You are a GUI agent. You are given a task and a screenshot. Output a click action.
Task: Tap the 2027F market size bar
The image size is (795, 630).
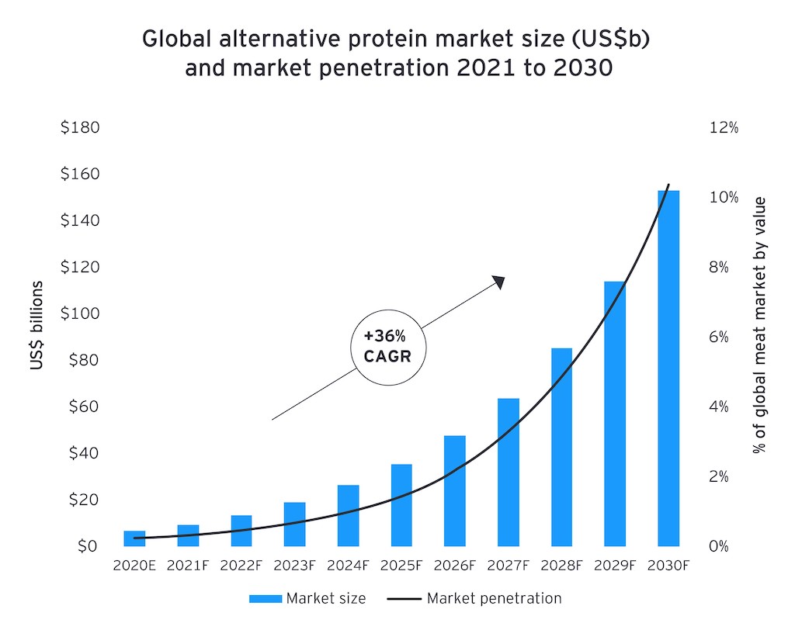508,472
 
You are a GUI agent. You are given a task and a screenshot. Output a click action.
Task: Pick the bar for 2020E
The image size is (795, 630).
134,538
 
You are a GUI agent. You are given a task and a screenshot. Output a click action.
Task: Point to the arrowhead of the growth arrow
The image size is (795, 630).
499,282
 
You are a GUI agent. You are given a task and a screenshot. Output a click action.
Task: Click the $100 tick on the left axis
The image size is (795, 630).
80,313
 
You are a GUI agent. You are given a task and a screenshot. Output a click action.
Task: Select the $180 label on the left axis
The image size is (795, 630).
80,127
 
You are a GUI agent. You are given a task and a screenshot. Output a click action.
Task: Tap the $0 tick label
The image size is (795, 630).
87,546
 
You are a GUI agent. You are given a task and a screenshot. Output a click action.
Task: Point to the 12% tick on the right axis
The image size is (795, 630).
724,127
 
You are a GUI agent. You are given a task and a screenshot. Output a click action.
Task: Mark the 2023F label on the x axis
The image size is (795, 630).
294,566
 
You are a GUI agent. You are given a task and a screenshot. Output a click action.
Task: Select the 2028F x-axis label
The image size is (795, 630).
561,566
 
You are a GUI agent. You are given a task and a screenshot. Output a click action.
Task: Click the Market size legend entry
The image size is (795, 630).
307,598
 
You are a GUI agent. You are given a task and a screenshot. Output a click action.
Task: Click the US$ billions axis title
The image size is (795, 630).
37,324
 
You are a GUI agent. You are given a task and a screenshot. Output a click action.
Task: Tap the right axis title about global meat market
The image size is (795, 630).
759,325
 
